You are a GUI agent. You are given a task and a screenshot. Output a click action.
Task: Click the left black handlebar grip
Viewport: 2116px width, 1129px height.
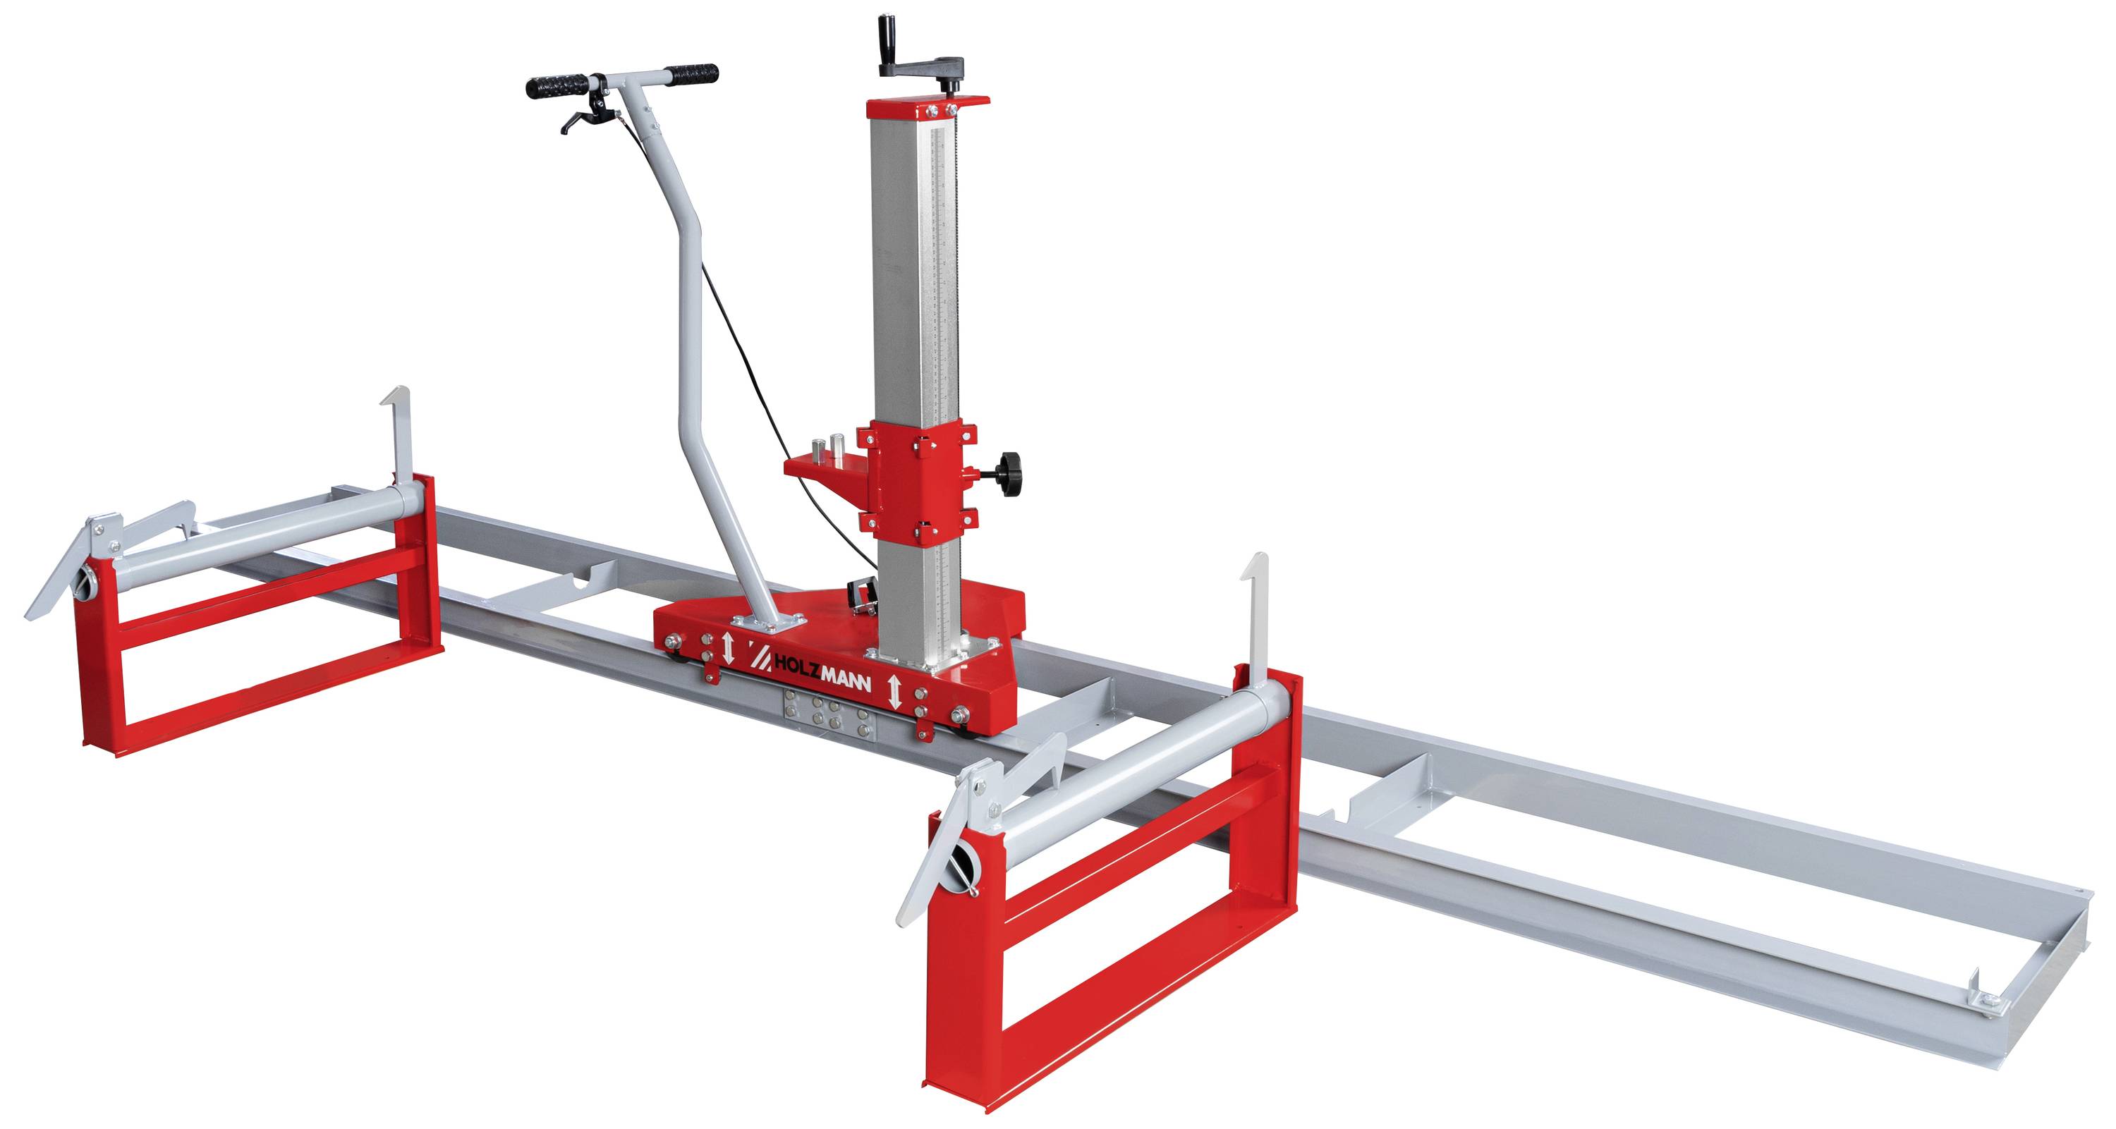click(x=557, y=86)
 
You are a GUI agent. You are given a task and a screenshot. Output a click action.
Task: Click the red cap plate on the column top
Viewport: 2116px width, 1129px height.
click(x=928, y=108)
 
